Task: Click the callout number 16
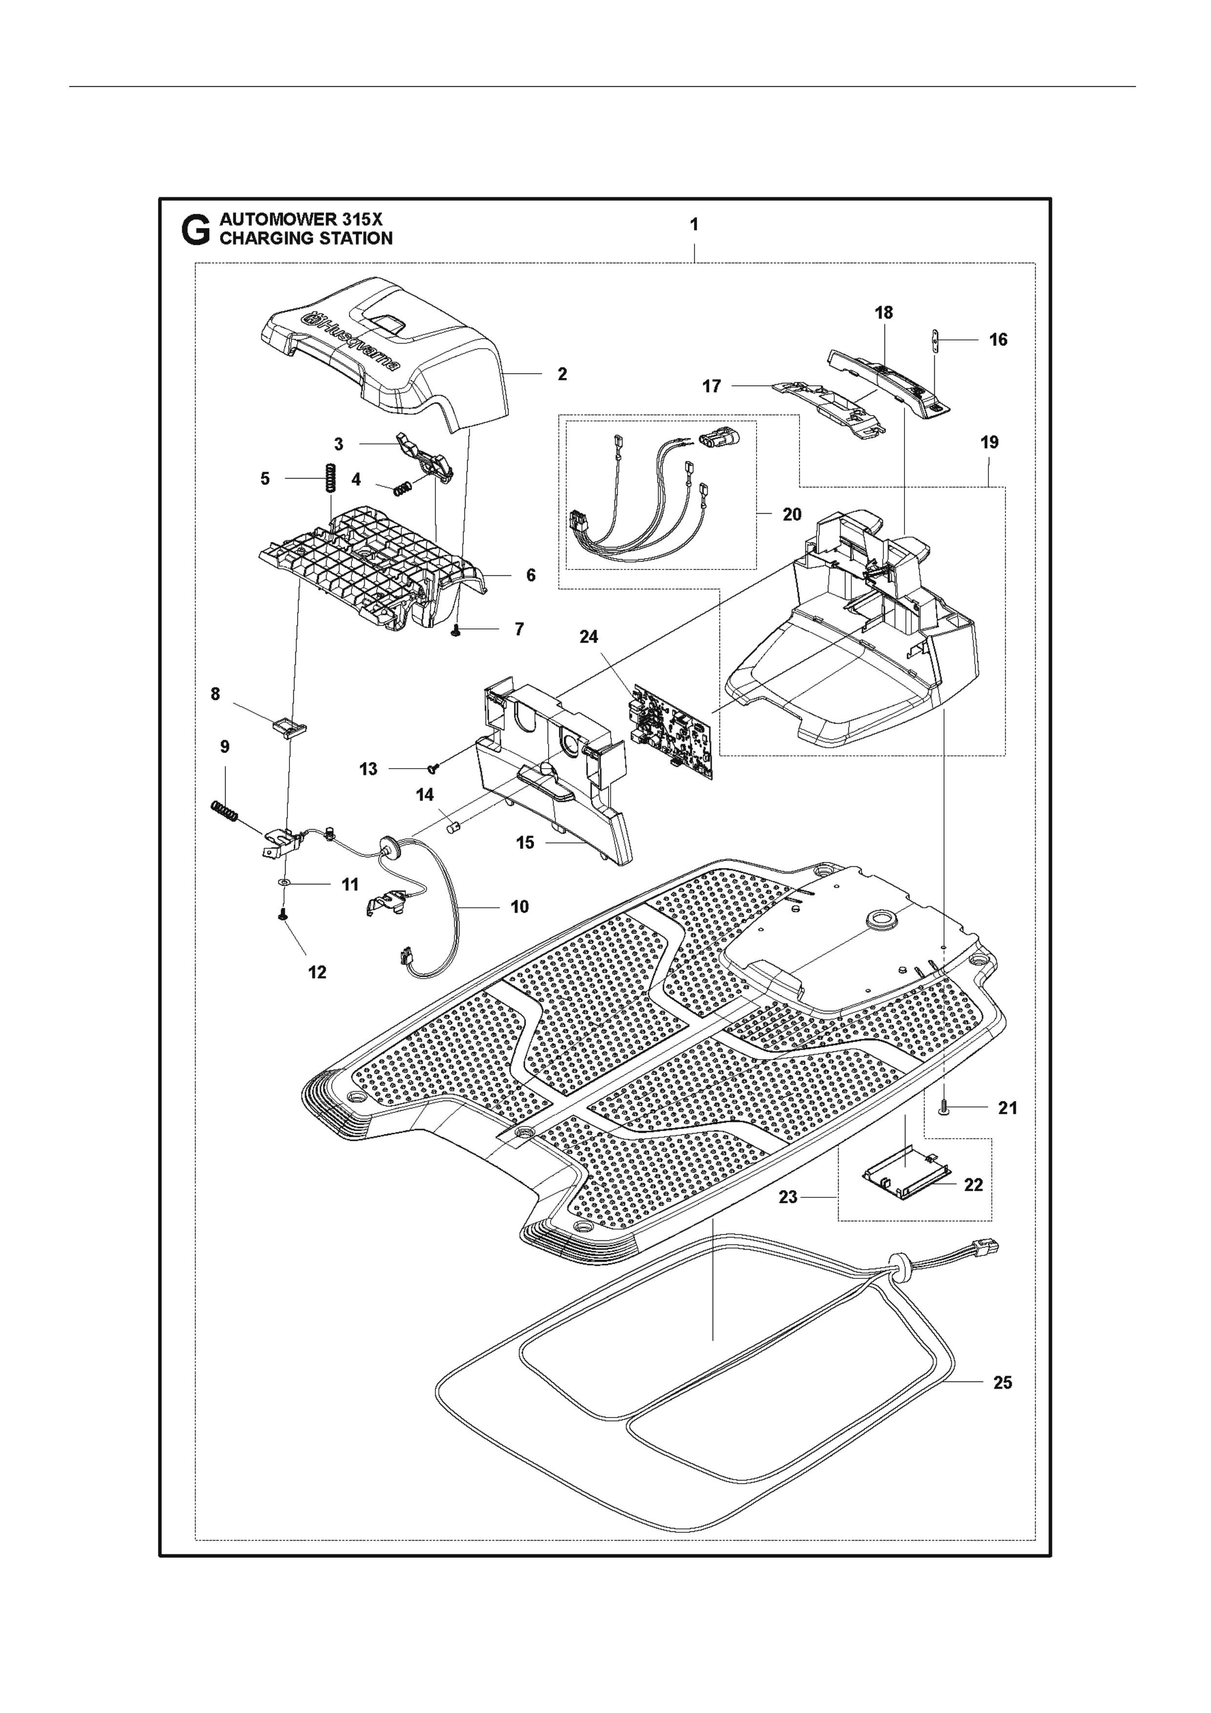(x=998, y=340)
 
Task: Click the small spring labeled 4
(x=403, y=489)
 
